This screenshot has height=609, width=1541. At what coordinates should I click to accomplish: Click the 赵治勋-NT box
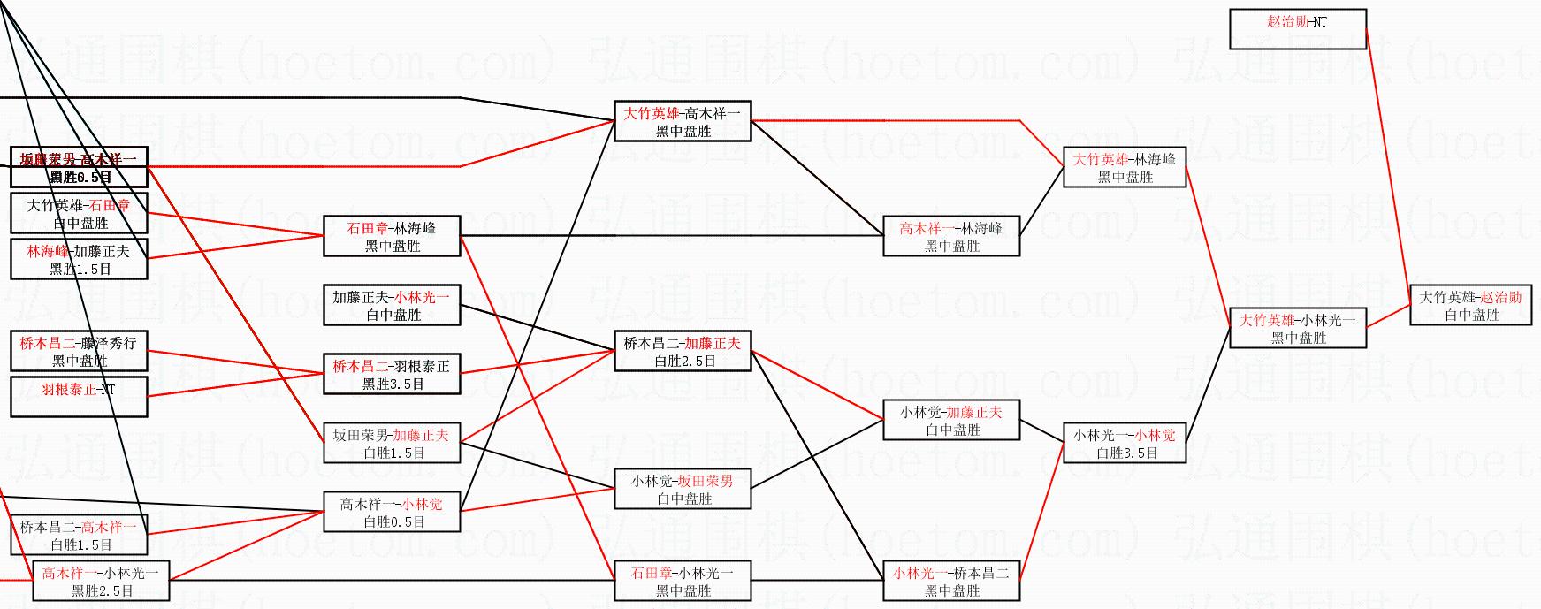point(1297,28)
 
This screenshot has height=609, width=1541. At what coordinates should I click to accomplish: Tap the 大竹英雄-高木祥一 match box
point(683,121)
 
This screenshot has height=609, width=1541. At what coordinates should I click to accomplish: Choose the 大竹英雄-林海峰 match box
point(1124,167)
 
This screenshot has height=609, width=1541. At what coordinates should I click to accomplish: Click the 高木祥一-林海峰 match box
point(951,236)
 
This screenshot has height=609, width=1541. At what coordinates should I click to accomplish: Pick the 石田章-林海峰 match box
point(392,236)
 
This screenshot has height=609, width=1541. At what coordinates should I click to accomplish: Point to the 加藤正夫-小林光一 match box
point(392,305)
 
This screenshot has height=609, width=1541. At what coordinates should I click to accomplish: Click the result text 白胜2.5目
point(684,362)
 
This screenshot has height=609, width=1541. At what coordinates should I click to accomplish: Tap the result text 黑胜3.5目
point(393,384)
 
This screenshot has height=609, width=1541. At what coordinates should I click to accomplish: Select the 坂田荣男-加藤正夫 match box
point(392,443)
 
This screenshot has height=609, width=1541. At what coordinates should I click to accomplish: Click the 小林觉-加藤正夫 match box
point(951,420)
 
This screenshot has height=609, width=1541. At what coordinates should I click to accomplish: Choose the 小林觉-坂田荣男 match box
point(683,489)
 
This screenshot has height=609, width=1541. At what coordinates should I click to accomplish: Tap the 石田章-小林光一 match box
point(683,581)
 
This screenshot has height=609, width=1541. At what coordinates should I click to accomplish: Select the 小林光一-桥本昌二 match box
point(951,581)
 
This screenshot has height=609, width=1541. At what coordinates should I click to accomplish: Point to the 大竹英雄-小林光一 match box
point(1297,328)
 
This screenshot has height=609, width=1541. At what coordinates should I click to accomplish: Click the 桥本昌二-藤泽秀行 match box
point(79,351)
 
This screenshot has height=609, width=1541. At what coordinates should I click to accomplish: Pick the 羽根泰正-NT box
point(79,397)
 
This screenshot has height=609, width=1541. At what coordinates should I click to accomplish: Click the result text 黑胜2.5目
point(103,591)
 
